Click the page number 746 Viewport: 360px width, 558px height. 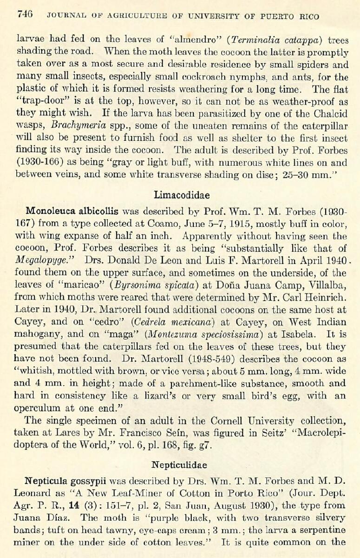[x=25, y=15]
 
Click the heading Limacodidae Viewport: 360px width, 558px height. [x=181, y=195]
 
